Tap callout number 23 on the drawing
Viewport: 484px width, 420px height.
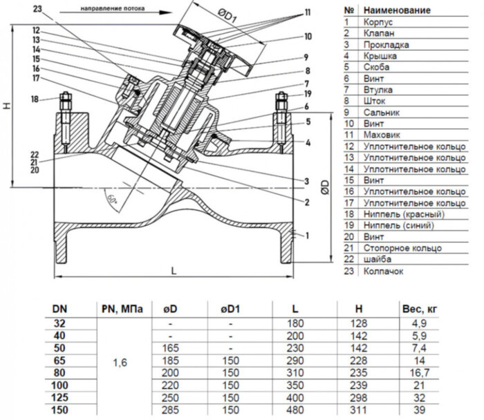pyautogui.click(x=37, y=9)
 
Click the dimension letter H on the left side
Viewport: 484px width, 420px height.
pyautogui.click(x=8, y=106)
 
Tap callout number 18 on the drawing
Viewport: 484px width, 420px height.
pyautogui.click(x=34, y=99)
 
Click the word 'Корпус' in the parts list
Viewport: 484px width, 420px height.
pyautogui.click(x=378, y=22)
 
